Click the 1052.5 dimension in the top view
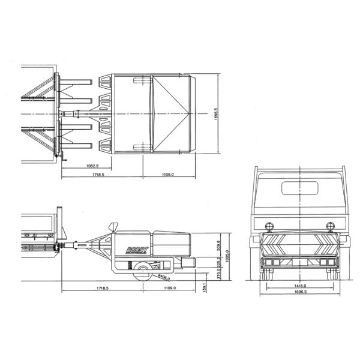[x=92, y=165]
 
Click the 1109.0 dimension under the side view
[x=169, y=289]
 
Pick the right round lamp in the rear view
[x=329, y=226]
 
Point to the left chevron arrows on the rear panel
[x=280, y=244]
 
